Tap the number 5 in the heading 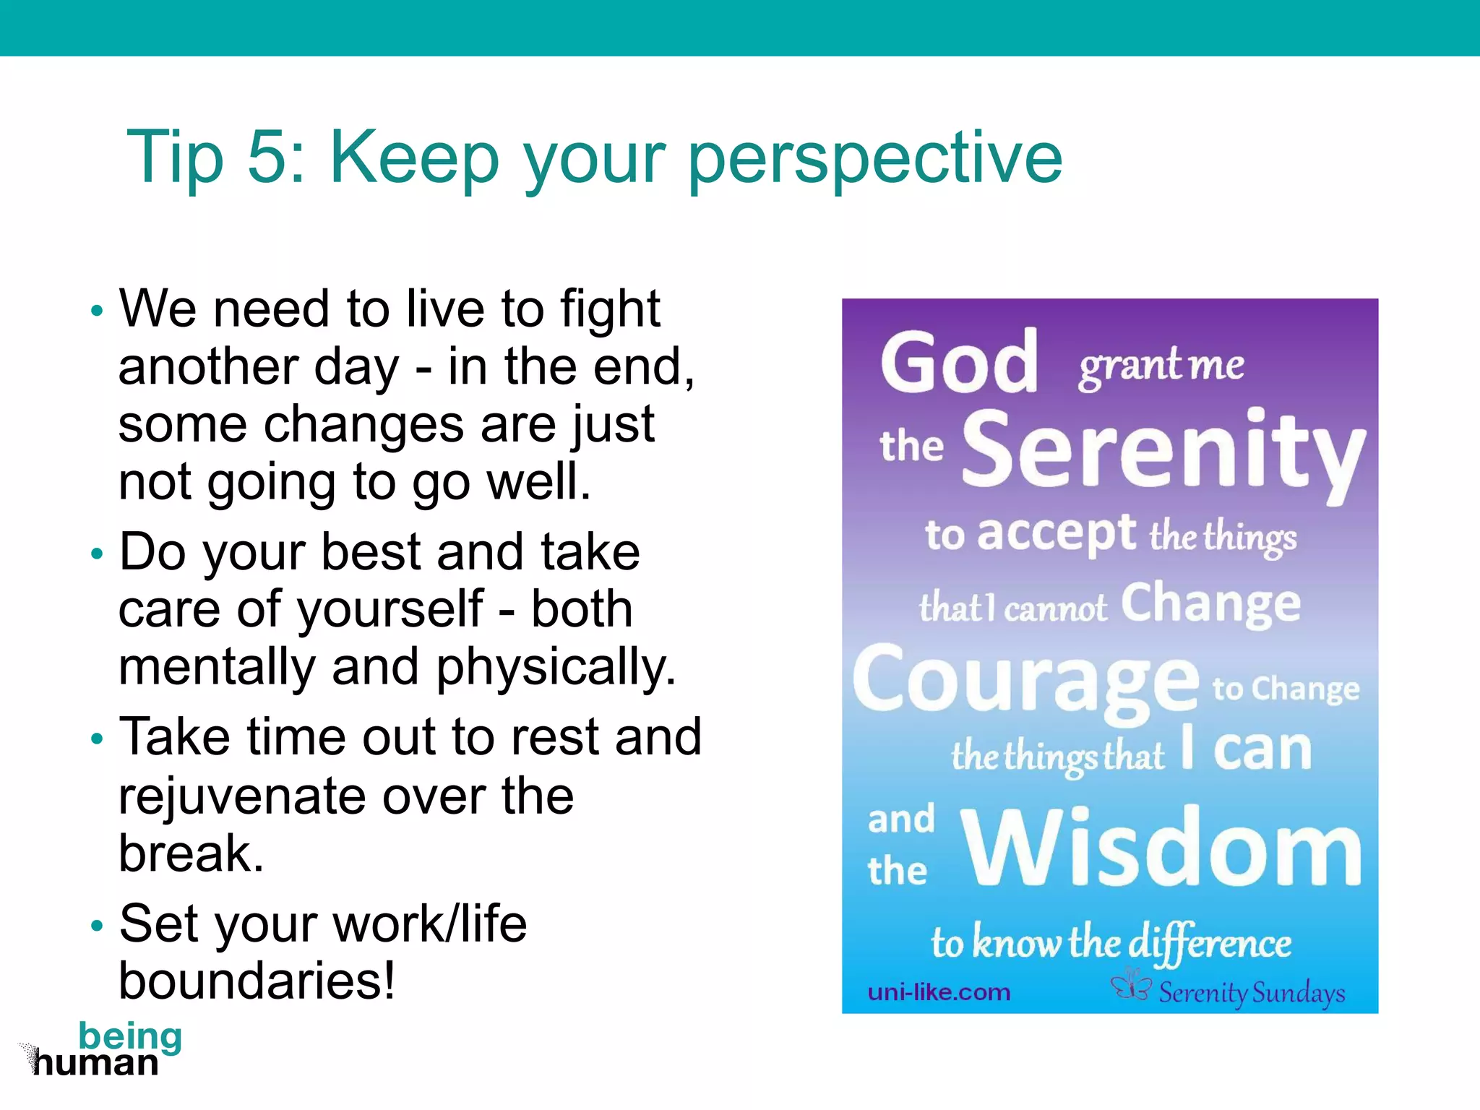tap(269, 156)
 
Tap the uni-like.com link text tap(939, 992)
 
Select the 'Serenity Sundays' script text tap(1252, 993)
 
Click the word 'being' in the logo tap(130, 1036)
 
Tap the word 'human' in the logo tap(95, 1064)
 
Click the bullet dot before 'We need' tap(98, 311)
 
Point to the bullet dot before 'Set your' tap(98, 926)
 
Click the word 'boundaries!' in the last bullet tap(257, 981)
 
